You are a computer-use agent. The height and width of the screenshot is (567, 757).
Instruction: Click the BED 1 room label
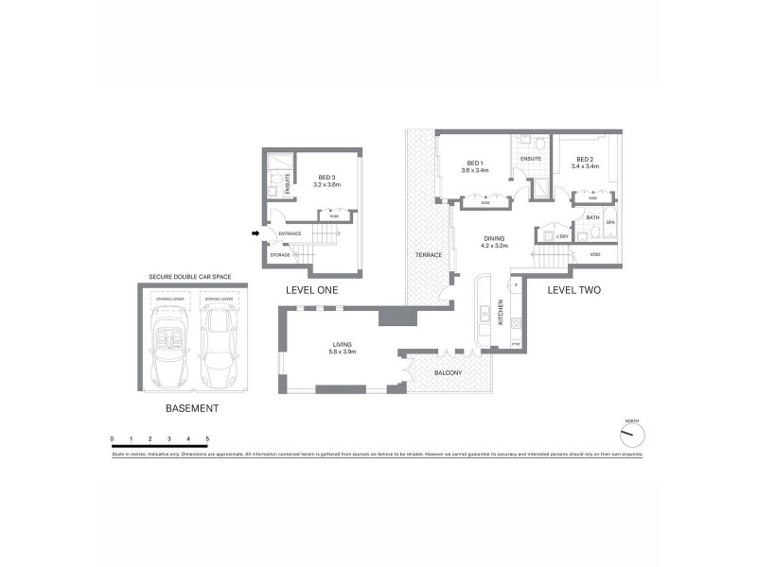pyautogui.click(x=474, y=163)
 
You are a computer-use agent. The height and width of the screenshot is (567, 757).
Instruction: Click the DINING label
pyautogui.click(x=495, y=239)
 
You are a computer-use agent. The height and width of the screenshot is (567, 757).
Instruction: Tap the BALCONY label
pyautogui.click(x=448, y=373)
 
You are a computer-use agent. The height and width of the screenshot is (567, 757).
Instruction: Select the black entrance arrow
pyautogui.click(x=255, y=232)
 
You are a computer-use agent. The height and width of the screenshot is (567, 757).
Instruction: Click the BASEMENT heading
pyautogui.click(x=192, y=409)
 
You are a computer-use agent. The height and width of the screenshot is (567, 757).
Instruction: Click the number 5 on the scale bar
pyautogui.click(x=207, y=439)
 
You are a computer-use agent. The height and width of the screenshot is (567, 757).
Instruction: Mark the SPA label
pyautogui.click(x=610, y=222)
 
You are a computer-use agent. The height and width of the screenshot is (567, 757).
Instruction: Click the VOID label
pyautogui.click(x=595, y=254)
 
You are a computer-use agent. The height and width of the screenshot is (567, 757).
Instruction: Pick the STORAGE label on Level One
pyautogui.click(x=280, y=254)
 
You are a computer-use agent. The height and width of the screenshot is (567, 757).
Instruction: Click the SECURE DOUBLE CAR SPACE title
pyautogui.click(x=190, y=277)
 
